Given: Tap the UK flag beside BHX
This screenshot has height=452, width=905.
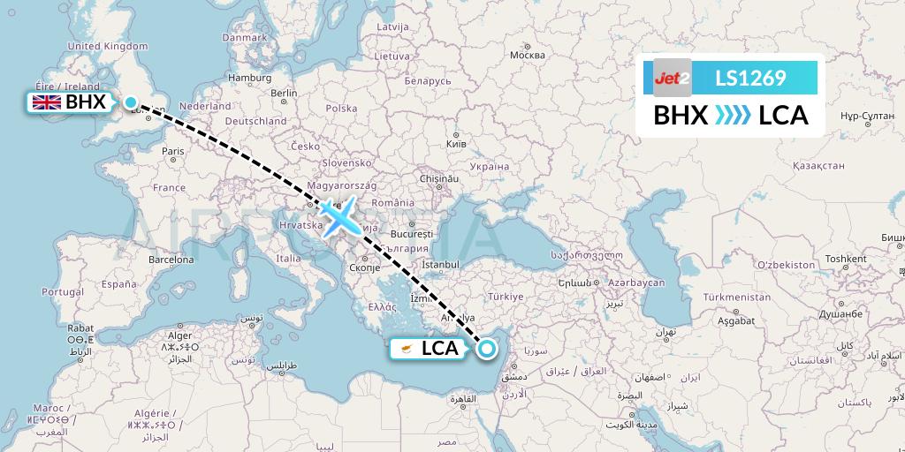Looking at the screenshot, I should (x=46, y=102).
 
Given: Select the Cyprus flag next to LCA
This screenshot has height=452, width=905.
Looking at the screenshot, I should (x=406, y=349).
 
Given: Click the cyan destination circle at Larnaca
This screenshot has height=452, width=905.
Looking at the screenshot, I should (x=486, y=350).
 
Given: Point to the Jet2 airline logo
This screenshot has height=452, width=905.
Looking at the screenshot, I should (x=672, y=78).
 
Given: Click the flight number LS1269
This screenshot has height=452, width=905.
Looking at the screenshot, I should (x=750, y=79).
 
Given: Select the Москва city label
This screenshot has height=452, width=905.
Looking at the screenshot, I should (x=528, y=55).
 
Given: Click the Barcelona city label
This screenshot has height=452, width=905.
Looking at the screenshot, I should (x=171, y=260).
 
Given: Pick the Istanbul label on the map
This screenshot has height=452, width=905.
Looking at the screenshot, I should (x=441, y=264).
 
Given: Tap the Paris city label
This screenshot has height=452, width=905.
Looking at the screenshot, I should (x=173, y=151).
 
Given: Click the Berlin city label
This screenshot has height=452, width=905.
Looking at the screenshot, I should (x=284, y=93).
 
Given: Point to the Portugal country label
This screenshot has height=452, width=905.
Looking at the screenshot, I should (x=63, y=292).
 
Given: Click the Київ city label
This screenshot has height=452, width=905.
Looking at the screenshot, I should (x=456, y=143).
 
